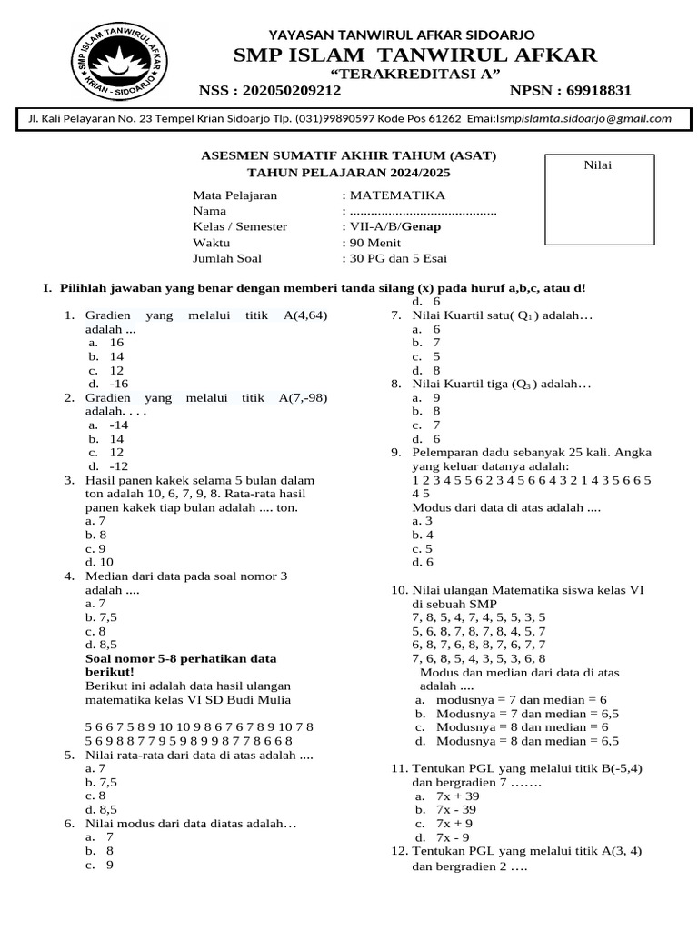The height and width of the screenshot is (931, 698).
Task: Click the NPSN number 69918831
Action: (x=598, y=90)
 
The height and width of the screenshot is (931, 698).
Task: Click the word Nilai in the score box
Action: (x=597, y=165)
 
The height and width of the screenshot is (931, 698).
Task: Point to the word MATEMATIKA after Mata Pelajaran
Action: (x=397, y=195)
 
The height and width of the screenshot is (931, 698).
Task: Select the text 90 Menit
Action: (x=379, y=242)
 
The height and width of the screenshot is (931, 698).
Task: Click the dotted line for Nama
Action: (x=424, y=211)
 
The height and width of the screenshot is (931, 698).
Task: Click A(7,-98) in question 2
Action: (x=303, y=397)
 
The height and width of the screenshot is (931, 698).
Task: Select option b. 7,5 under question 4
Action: (x=101, y=616)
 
